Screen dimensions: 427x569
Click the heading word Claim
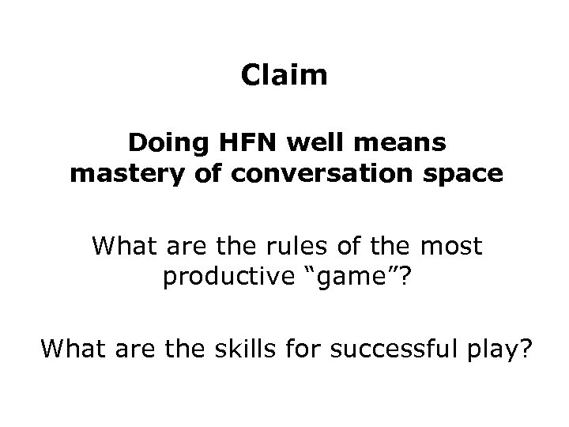click(x=284, y=77)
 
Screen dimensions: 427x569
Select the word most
click(x=448, y=248)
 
